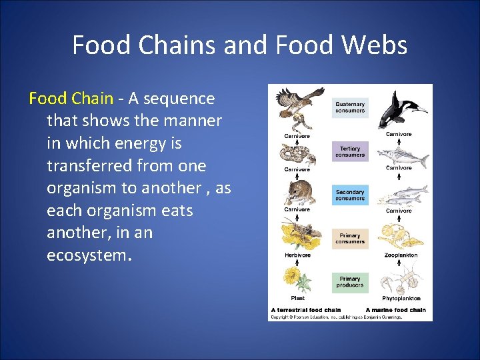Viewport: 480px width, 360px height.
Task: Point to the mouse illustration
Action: coord(297,192)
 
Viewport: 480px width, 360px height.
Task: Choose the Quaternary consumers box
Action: coord(350,107)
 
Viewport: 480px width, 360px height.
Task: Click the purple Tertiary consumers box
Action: coord(350,151)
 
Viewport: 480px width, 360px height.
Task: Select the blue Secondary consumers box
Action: coord(350,195)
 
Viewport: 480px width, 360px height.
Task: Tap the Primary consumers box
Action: coord(350,238)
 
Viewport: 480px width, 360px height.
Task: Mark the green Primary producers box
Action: coord(350,282)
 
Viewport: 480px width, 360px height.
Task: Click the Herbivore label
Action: coord(297,255)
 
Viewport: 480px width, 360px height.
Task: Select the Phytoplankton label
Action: coord(401,298)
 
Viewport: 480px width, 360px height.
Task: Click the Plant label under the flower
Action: coord(297,298)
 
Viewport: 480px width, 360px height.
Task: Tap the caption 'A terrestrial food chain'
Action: coord(306,310)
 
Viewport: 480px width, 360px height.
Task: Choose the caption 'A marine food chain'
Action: coord(395,310)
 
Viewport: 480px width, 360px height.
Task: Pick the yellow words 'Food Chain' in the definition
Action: coord(71,99)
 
